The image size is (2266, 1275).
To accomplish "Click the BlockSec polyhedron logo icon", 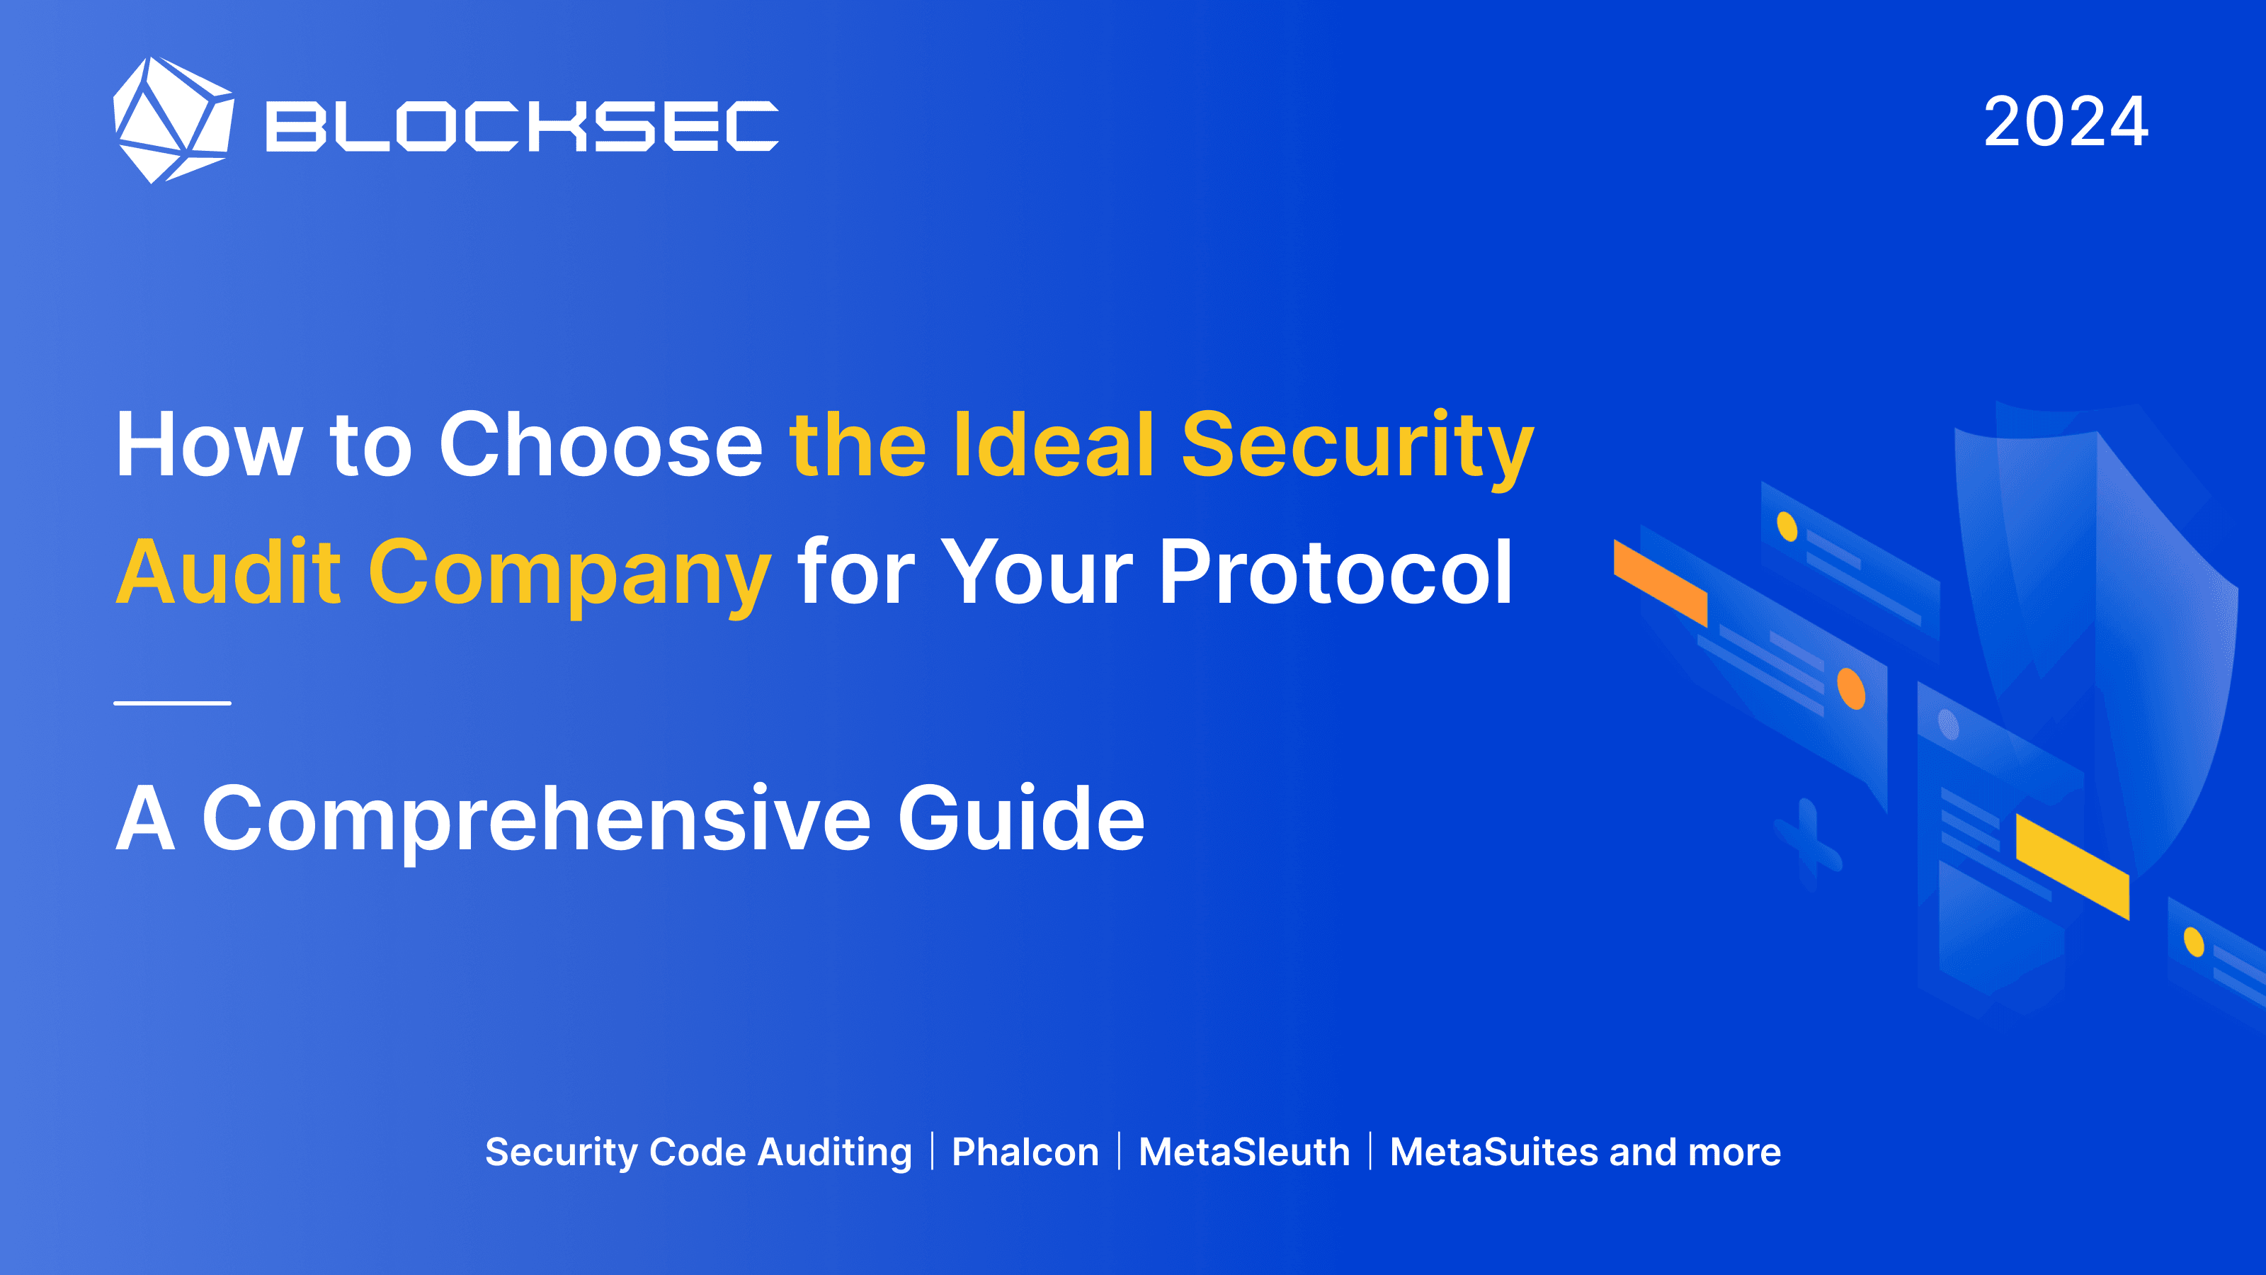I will point(173,120).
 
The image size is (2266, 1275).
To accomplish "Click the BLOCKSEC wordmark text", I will point(523,126).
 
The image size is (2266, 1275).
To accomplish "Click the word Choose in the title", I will point(600,446).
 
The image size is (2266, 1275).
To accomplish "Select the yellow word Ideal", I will point(1053,446).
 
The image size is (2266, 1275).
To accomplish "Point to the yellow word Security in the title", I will point(1357,446).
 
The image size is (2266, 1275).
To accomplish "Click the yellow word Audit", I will point(228,573).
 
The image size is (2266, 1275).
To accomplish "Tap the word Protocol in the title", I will point(1336,573).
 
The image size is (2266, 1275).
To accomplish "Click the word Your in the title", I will point(1037,573).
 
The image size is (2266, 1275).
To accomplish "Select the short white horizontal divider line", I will point(172,703).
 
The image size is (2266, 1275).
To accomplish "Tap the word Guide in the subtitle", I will point(1021,818).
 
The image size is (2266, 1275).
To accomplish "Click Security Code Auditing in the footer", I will point(698,1152).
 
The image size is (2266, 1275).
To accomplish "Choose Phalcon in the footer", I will point(1025,1152).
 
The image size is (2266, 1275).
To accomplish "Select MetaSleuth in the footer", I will point(1244,1152).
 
